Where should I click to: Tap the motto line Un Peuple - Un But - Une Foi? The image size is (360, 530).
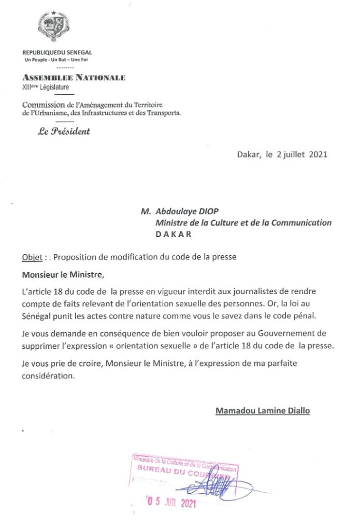click(x=57, y=61)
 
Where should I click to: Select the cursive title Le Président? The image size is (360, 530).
click(x=64, y=131)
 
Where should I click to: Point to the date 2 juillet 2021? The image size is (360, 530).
click(x=303, y=154)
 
